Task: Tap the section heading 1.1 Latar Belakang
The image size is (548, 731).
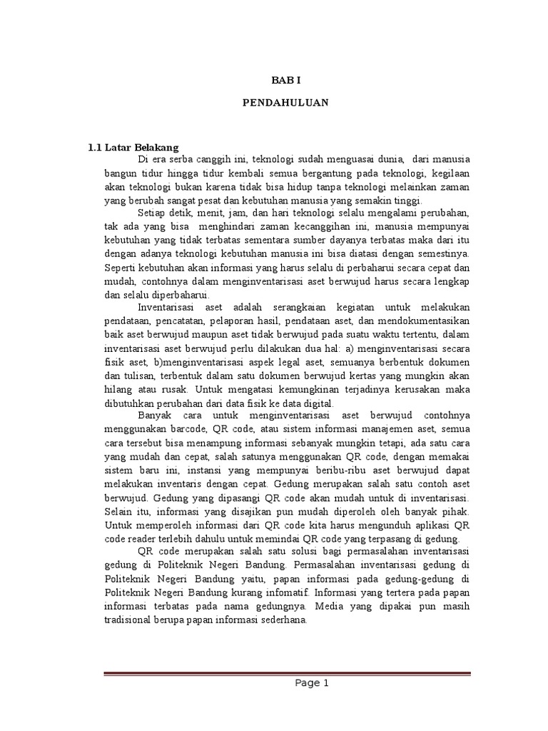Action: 133,148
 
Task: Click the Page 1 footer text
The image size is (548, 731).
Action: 312,682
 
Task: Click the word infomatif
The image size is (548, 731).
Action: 313,592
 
